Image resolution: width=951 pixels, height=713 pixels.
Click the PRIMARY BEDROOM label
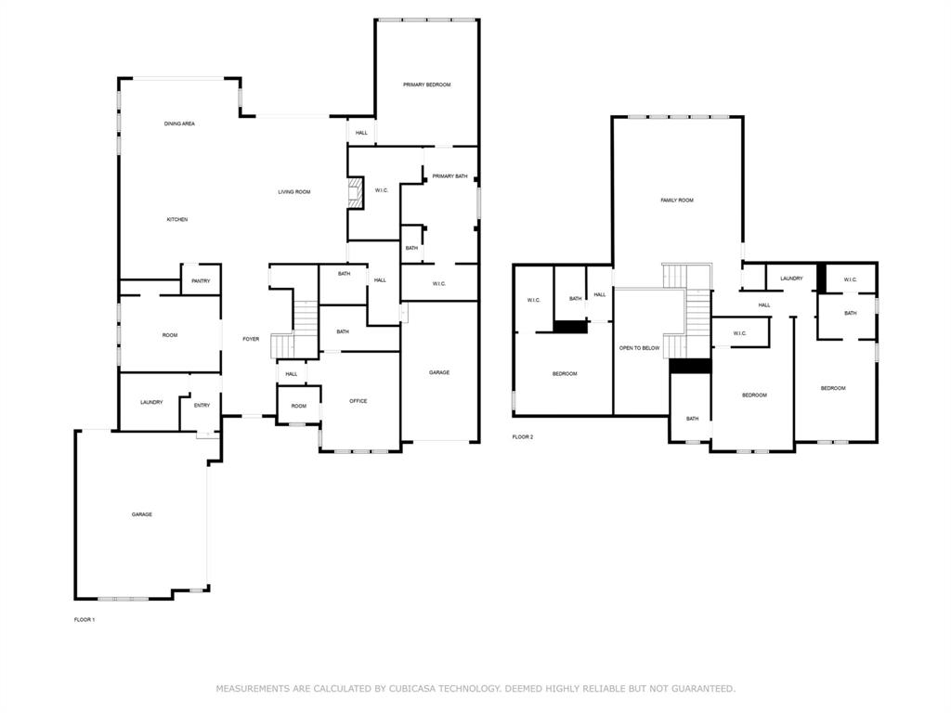426,84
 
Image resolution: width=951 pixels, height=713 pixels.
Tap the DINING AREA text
179,123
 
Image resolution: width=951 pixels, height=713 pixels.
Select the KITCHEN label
177,219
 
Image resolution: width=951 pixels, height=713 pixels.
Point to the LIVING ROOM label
294,192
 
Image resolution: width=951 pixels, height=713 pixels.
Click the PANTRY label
201,281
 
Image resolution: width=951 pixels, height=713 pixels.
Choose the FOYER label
251,339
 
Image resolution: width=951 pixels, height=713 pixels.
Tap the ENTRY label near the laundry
202,405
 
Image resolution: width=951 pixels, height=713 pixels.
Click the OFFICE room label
358,401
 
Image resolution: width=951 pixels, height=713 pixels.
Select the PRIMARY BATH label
449,175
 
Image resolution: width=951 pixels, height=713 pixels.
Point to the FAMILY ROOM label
676,201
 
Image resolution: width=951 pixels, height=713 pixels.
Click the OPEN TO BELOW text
639,348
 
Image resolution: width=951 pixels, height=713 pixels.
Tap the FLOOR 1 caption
85,619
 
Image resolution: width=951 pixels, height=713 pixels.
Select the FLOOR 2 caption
523,436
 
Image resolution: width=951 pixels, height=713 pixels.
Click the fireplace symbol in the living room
354,194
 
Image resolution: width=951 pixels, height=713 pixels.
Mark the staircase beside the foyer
305,320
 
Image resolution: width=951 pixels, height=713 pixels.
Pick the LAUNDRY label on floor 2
791,279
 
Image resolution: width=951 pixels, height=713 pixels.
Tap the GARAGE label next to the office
439,372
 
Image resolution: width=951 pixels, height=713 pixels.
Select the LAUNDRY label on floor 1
151,402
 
